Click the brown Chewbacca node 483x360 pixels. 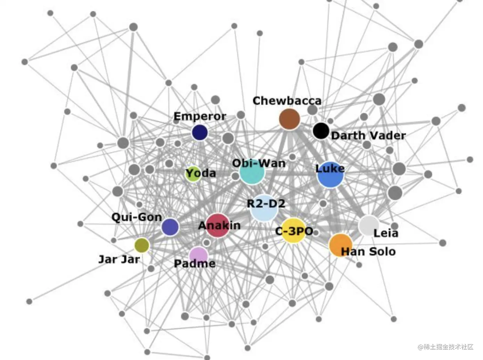click(289, 119)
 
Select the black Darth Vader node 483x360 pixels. click(321, 131)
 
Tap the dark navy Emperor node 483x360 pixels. click(200, 132)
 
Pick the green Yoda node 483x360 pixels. click(193, 174)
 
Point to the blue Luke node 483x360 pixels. click(330, 175)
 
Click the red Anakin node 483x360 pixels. click(218, 226)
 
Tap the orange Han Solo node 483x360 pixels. click(340, 245)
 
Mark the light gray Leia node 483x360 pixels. click(368, 226)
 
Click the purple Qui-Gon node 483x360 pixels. click(170, 227)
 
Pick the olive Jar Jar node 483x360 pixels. click(142, 245)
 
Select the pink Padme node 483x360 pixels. click(198, 255)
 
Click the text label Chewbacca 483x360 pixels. click(287, 101)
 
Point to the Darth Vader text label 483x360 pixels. click(368, 136)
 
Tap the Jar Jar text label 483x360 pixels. click(119, 259)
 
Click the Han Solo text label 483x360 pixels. click(368, 252)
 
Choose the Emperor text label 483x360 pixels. click(200, 116)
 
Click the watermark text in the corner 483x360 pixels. click(446, 347)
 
